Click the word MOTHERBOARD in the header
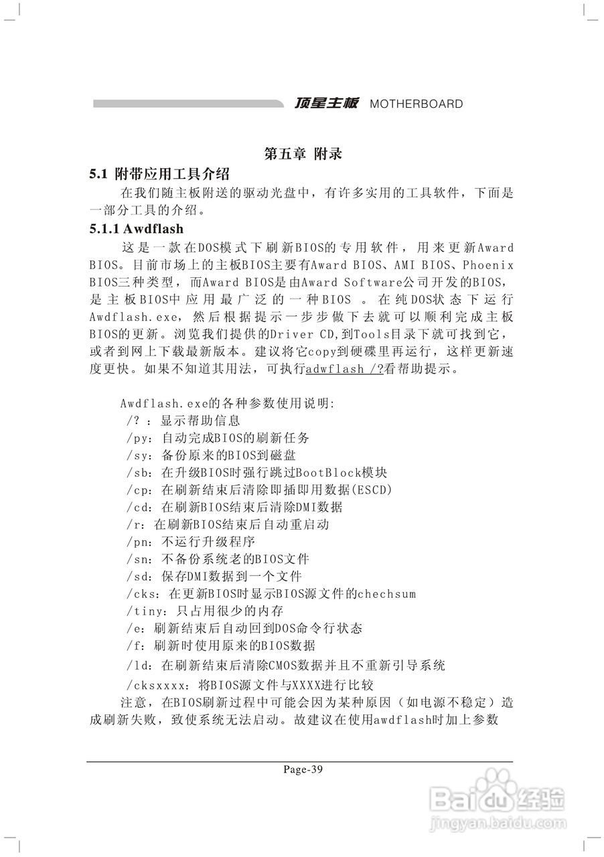click(416, 104)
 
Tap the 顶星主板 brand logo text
click(327, 104)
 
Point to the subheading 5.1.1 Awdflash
click(137, 229)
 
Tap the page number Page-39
click(303, 769)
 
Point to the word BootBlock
click(323, 473)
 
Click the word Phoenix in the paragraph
click(488, 264)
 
